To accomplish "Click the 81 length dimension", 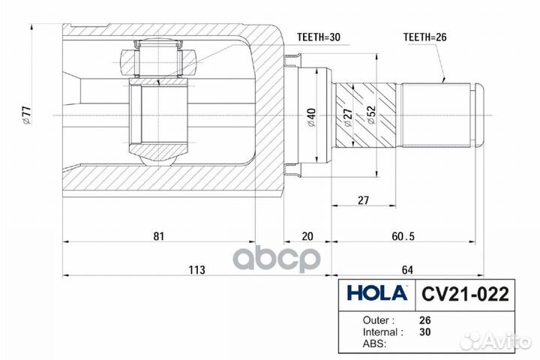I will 158,236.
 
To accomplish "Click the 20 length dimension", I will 307,236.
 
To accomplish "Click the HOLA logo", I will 376,293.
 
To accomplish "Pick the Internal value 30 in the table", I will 425,331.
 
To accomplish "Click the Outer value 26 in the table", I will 425,319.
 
